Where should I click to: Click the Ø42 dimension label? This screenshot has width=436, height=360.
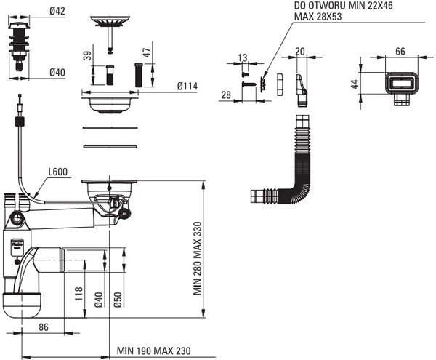pos(57,11)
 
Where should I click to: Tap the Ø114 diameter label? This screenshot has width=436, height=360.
pos(187,87)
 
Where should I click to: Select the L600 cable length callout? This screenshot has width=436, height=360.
pos(58,172)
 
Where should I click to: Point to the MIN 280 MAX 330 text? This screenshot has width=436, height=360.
pos(197,258)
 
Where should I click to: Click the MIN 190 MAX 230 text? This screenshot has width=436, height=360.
pos(154,351)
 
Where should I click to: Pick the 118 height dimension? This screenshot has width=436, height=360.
pos(79,294)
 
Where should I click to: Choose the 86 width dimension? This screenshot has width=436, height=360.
pos(44,327)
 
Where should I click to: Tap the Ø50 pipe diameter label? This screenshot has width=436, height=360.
pos(118,300)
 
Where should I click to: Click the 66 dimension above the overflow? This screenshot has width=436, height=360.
pos(400,52)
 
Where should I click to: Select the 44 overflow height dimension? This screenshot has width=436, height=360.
pos(355,84)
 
